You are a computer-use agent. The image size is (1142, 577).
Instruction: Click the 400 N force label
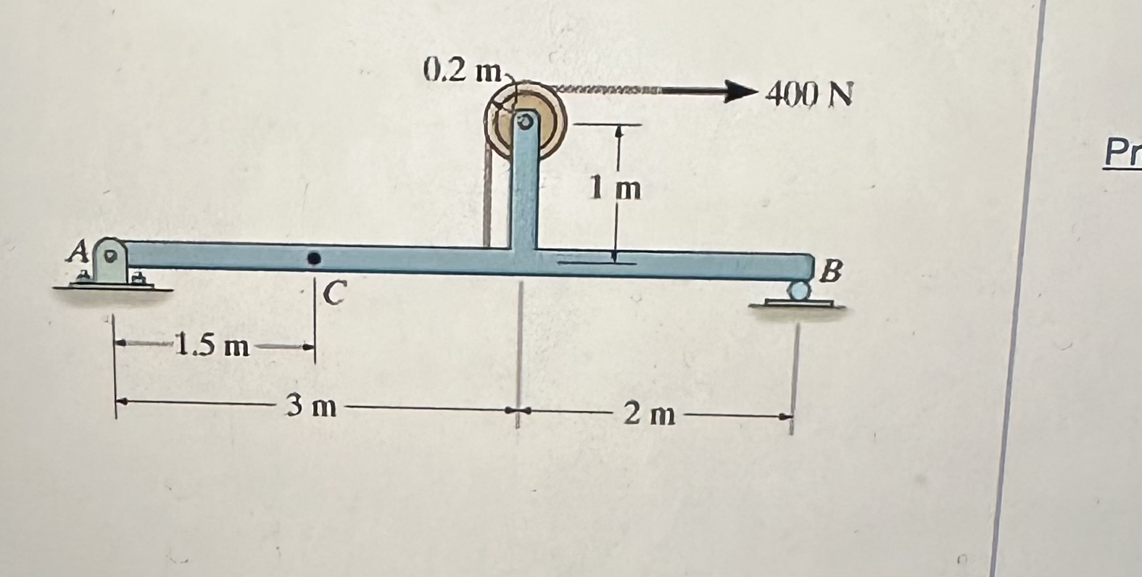809,94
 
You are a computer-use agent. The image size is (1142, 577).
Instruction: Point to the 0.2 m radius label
463,72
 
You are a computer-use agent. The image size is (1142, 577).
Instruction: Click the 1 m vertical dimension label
615,189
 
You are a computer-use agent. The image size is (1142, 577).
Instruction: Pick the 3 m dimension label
311,407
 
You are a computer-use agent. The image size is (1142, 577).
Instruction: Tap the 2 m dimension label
650,415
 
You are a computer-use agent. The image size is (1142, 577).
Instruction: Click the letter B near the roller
833,273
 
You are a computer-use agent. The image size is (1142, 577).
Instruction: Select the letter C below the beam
334,293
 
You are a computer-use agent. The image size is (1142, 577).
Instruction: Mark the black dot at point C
314,257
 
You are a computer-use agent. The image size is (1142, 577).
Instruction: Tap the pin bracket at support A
112,263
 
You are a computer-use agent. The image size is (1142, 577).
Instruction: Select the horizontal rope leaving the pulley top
616,91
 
